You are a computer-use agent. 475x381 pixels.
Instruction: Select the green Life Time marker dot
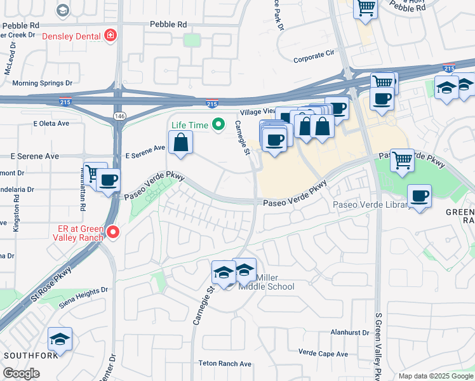click(x=218, y=124)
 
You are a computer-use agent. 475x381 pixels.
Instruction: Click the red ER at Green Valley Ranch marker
click(x=113, y=232)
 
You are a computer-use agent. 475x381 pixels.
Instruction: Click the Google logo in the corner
click(x=21, y=373)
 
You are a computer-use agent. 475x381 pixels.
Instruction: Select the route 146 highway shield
click(x=119, y=115)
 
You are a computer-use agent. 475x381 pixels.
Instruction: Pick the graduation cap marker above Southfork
click(x=60, y=339)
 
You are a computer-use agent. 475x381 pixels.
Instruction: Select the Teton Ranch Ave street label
click(x=225, y=364)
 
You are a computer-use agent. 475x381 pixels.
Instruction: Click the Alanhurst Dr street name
click(x=349, y=332)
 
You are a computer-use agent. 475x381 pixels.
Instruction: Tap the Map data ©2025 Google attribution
click(x=435, y=376)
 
